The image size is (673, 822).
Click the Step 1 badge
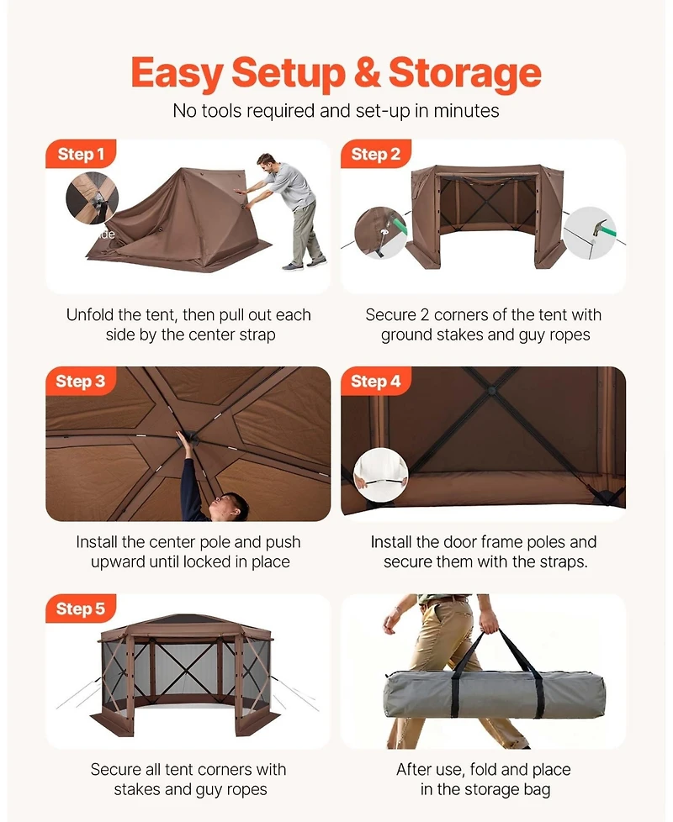(x=81, y=154)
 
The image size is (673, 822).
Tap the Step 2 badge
(x=375, y=154)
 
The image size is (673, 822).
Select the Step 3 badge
(x=81, y=381)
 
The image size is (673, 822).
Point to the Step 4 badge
(x=375, y=381)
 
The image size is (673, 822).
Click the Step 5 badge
(x=81, y=609)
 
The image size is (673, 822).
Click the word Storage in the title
(x=464, y=74)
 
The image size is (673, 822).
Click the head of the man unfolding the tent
(x=267, y=162)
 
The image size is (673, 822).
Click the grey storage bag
(x=495, y=694)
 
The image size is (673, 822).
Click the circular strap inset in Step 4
(x=381, y=476)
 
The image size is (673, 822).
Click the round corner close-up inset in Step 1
(x=93, y=198)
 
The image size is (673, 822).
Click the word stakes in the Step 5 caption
(x=138, y=789)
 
